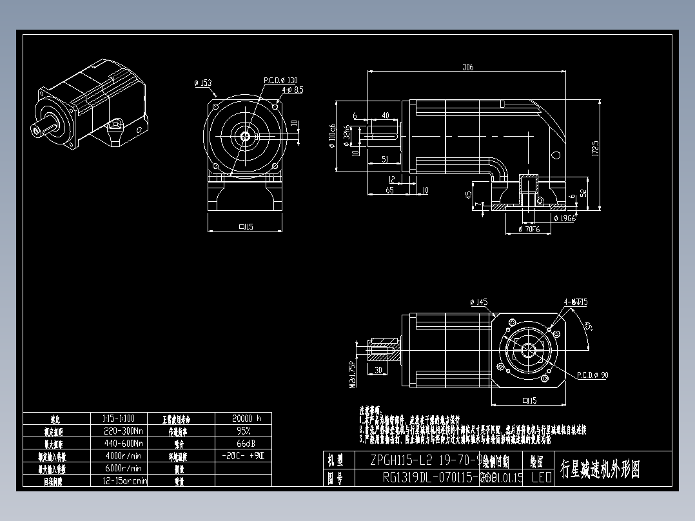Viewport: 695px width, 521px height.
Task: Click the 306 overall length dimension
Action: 467,67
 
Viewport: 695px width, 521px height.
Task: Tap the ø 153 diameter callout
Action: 202,83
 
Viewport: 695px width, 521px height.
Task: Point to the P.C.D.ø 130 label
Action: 280,81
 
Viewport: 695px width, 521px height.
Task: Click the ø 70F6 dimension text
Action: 529,229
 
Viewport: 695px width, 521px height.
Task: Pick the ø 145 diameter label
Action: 478,302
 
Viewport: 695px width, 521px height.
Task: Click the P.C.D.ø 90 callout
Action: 592,375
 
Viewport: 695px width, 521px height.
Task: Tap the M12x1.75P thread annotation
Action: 353,375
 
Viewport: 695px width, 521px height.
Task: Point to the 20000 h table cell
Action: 242,418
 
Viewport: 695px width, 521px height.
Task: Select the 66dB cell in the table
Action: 242,443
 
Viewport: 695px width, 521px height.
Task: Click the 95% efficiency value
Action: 242,430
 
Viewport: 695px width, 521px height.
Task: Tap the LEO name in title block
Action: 541,478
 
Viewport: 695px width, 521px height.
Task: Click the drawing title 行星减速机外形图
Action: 600,469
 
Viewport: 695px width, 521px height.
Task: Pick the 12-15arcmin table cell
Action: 124,480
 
